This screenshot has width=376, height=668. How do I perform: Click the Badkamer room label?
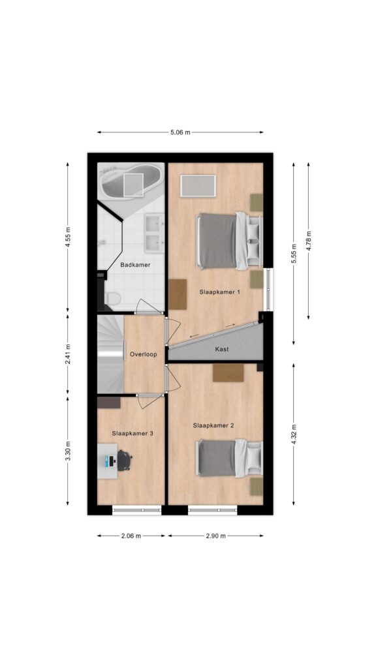pos(135,265)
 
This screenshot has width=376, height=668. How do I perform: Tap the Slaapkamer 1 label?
pos(219,292)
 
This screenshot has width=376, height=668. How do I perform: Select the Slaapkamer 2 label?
pos(213,425)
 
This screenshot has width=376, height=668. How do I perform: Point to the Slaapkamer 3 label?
pos(133,433)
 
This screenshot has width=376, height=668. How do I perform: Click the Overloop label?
pos(143,354)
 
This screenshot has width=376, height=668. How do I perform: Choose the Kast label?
pos(222,349)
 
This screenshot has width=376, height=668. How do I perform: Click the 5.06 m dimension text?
pos(180,132)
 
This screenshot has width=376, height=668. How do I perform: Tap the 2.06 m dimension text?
pos(131,536)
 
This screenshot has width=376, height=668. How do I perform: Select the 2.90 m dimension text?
pos(215,536)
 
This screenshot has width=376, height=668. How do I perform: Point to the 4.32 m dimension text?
pos(294,434)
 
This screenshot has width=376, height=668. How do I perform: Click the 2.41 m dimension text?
pos(68,354)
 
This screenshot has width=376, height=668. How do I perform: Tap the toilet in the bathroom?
pos(112,298)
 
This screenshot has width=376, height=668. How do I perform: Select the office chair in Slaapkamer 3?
pos(124,461)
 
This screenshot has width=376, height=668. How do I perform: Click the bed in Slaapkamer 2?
pos(229,458)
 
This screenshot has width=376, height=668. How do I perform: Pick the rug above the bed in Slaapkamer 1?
pos(198,186)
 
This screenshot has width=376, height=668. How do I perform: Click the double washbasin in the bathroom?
pos(153,233)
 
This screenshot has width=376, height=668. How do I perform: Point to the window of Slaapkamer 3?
pos(137,509)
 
